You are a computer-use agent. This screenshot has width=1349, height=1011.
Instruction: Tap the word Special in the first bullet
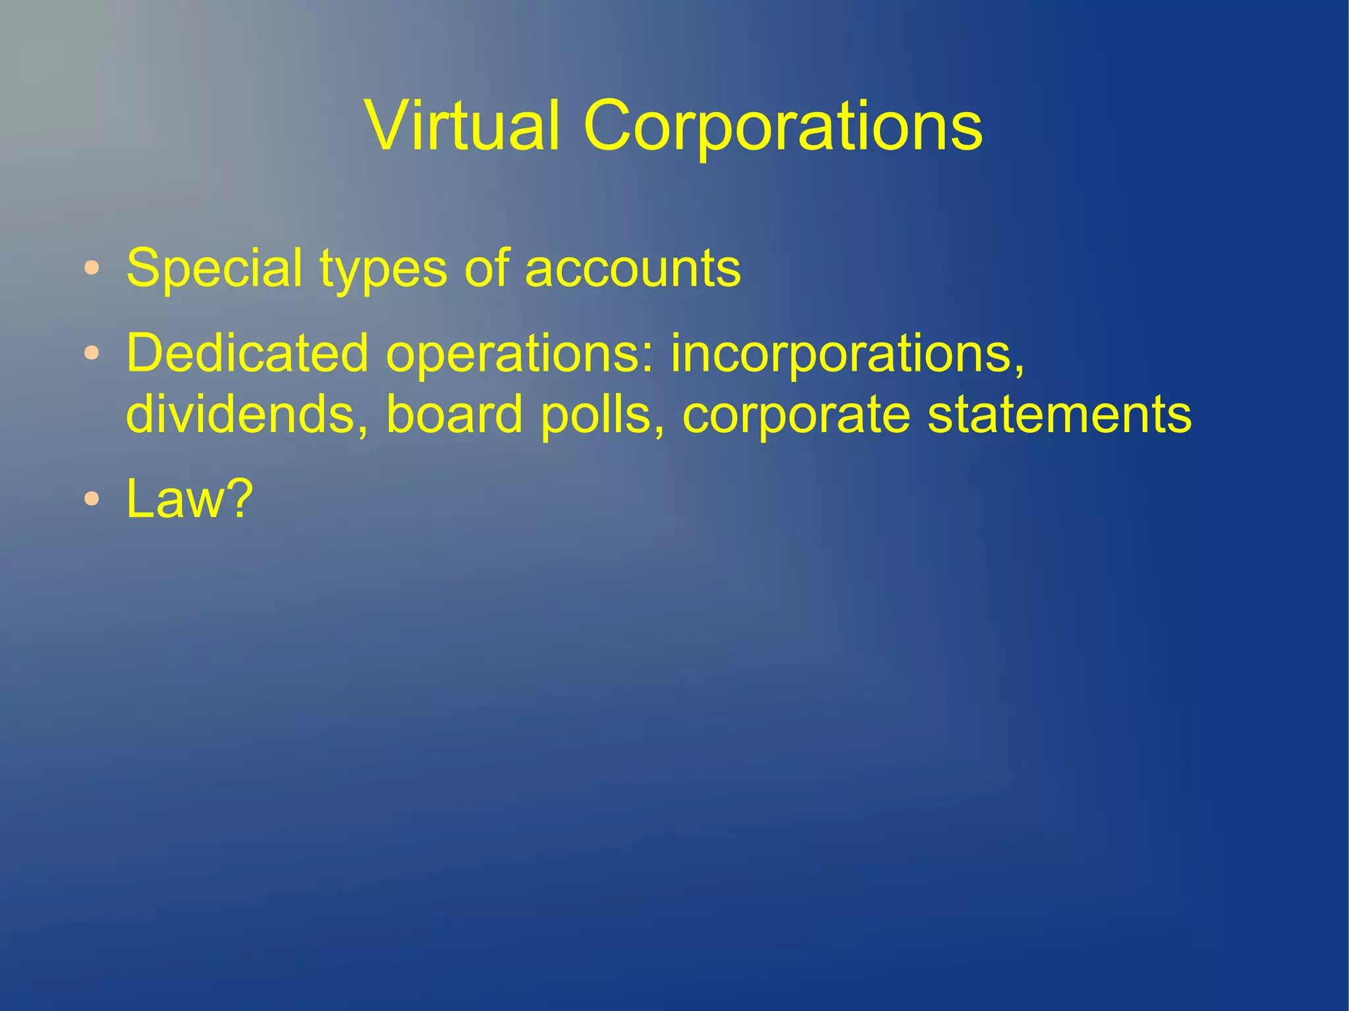(215, 269)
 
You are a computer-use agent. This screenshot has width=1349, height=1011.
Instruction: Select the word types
(383, 270)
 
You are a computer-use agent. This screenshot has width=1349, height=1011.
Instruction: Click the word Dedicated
(247, 353)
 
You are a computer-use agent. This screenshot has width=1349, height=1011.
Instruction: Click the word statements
(1059, 415)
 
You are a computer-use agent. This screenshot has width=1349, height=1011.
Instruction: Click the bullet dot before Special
(92, 269)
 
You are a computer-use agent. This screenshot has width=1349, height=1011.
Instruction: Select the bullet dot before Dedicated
(92, 354)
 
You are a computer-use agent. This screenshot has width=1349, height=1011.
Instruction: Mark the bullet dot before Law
(92, 499)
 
